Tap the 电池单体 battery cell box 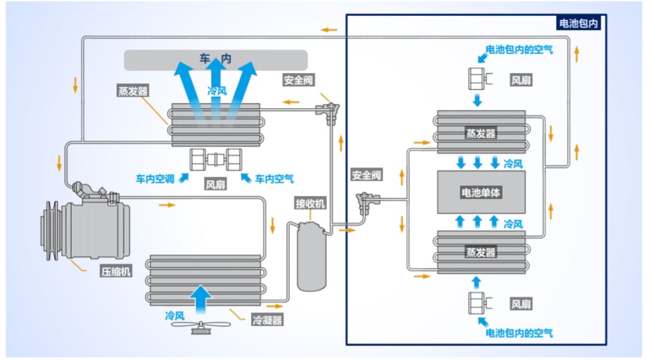coord(481,192)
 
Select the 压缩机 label coord(116,271)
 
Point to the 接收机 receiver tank coord(313,256)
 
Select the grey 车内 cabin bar coord(216,59)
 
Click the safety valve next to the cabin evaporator coord(329,111)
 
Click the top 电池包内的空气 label coord(519,50)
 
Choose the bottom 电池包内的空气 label coord(519,332)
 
